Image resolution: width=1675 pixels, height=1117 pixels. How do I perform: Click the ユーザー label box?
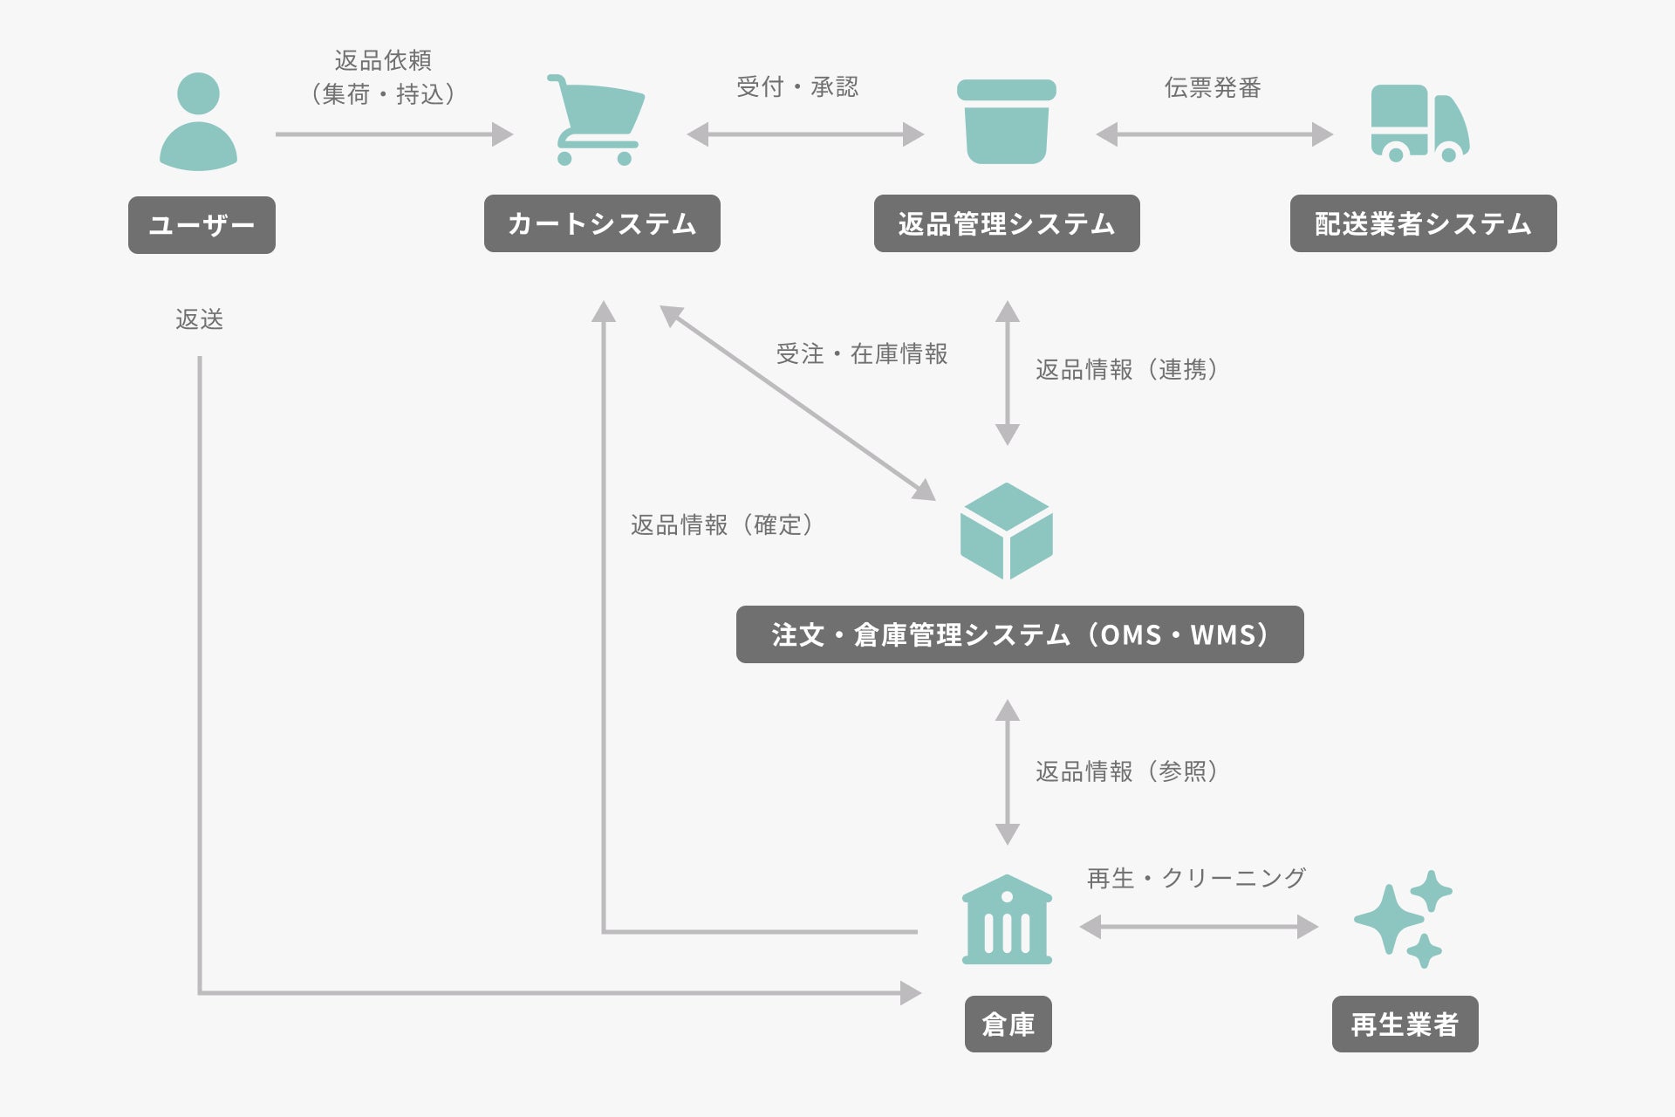pos(202,225)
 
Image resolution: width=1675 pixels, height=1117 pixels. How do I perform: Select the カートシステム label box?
pos(602,223)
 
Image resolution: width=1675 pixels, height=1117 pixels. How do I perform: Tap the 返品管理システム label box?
pos(1007,223)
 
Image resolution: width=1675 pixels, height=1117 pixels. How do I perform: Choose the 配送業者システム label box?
pos(1423,223)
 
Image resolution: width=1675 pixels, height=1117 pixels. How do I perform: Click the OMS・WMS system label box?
pos(1020,634)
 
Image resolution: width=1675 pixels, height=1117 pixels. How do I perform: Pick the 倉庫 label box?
pos(1008,1024)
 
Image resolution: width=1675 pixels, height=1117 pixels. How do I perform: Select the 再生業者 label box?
pos(1405,1024)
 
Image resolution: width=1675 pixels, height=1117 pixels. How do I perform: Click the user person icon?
pos(198,121)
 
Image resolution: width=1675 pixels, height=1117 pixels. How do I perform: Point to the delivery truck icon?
pos(1419,123)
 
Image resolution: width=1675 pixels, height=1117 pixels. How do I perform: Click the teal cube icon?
pos(1007,531)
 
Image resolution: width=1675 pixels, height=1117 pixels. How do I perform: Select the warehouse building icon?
pos(1007,920)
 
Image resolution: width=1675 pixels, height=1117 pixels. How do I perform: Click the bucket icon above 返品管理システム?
pos(1007,121)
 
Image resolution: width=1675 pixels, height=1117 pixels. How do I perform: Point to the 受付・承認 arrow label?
pos(797,87)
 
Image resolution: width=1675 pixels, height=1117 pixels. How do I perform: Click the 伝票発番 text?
pos(1213,88)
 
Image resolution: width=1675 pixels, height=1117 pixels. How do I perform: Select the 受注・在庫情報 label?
pos(862,353)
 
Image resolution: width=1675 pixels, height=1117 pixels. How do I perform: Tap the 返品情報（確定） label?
pos(721,524)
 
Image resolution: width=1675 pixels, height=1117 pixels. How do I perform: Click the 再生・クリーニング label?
pos(1196,878)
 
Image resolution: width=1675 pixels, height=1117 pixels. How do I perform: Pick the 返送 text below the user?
pos(200,319)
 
